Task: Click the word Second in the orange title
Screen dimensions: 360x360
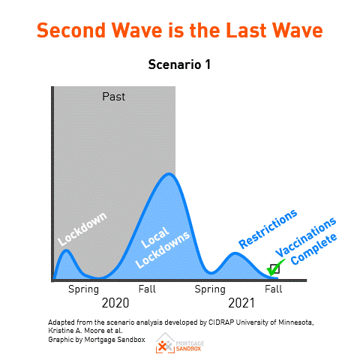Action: (71, 30)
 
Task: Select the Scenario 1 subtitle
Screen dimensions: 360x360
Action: (179, 64)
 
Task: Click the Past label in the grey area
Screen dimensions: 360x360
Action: (114, 97)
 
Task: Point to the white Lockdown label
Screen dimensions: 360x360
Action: (82, 229)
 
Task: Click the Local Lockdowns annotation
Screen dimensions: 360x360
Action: (163, 247)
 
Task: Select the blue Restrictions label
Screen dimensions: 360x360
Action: (268, 229)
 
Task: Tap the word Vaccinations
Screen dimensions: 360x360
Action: (306, 237)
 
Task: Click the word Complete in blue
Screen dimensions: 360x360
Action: (314, 249)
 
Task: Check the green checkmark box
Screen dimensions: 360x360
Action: (274, 268)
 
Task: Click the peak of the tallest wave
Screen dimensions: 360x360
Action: (169, 174)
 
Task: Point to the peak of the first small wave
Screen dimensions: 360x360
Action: (66, 250)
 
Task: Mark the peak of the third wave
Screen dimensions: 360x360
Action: (235, 253)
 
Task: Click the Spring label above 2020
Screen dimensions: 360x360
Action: (83, 289)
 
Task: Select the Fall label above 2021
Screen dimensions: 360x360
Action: (274, 289)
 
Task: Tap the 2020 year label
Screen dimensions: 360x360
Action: (115, 303)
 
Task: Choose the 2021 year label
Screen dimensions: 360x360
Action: (241, 303)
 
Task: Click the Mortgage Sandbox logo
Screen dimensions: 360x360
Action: (180, 343)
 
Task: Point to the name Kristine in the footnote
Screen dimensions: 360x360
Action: (58, 331)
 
